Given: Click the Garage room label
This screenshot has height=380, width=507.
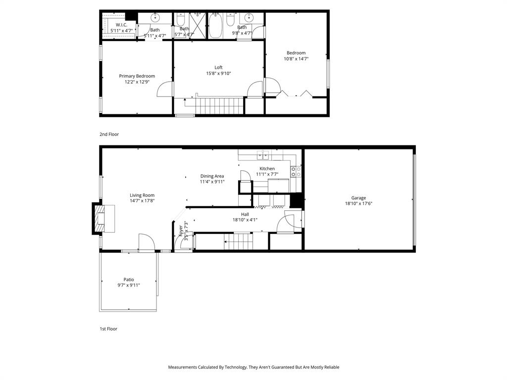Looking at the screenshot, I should coord(358,198).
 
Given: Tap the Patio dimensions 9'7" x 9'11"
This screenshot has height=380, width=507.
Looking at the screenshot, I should coord(129,285).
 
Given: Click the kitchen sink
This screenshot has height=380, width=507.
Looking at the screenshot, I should coord(263,156).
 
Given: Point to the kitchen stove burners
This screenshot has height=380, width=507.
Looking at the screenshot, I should coord(296,172).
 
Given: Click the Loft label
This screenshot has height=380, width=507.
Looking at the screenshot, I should coord(218,67).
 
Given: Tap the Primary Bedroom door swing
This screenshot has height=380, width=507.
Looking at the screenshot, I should coord(165,89).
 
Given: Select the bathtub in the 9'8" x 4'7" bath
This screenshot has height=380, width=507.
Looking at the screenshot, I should coord(215,26).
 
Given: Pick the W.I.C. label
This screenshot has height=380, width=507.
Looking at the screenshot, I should coord(121,25).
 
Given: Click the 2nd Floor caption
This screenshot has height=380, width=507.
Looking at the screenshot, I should coord(109,134).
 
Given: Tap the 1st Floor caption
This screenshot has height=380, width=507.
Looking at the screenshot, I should coord(108,329).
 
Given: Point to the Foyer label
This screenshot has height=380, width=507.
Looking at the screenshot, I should coord(180,231).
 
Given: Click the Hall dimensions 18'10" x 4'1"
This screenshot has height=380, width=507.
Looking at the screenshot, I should coord(245,220).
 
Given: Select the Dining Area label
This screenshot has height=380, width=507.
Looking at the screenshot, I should coord(212,176).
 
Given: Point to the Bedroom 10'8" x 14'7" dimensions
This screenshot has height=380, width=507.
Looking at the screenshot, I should coord(296,59).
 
